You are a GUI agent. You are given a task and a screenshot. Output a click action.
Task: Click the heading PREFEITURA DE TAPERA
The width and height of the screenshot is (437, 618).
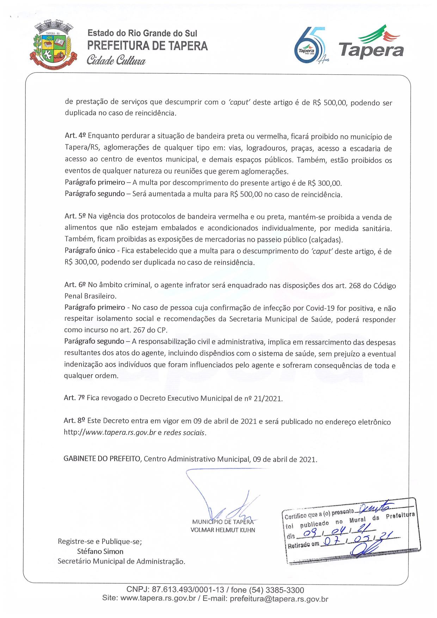coord(147,46)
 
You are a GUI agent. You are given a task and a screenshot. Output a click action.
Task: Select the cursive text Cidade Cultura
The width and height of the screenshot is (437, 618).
coord(116,60)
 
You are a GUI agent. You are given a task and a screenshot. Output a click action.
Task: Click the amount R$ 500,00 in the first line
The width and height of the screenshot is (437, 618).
coord(328,103)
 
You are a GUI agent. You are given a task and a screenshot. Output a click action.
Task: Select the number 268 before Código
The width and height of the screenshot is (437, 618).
coord(356,285)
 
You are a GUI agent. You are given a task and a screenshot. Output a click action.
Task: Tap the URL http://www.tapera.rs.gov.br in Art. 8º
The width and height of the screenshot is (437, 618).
coord(110,432)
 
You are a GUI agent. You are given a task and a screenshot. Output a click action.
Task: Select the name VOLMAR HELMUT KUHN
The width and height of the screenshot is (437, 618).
coord(222,530)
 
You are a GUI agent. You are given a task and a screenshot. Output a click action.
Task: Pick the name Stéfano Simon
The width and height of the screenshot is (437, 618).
coord(100,551)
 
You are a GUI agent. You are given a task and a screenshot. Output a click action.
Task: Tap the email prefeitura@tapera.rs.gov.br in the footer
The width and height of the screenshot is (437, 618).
coord(279,598)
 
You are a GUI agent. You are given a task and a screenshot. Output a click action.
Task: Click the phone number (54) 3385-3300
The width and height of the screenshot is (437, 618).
coord(276,590)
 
